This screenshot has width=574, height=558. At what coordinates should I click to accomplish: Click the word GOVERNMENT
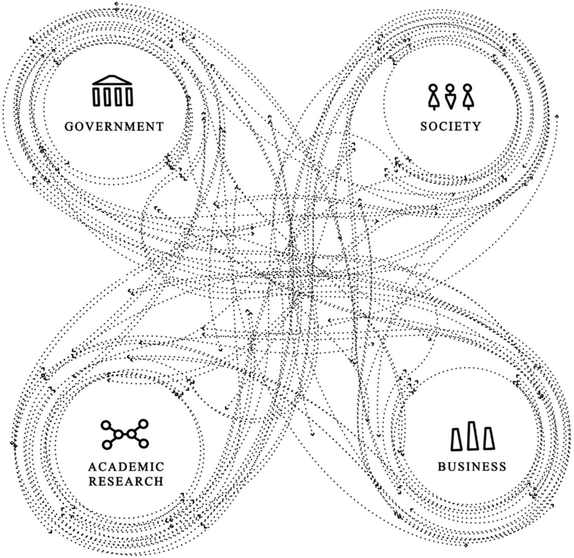coord(114,127)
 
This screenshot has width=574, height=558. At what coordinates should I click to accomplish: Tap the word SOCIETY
coord(451,126)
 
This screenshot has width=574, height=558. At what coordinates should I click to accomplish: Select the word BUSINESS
coord(472,467)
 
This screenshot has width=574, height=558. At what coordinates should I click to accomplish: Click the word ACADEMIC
coord(126,467)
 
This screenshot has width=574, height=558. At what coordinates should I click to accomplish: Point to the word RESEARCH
coord(126,481)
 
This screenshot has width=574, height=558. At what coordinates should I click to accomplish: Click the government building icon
coord(113,91)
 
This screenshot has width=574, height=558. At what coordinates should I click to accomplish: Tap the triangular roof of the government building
coord(112,80)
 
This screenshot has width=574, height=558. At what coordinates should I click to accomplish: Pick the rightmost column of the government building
coord(129,97)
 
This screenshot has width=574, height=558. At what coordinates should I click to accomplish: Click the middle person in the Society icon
coord(450,97)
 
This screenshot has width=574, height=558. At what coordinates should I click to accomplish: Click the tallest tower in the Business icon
coord(472,436)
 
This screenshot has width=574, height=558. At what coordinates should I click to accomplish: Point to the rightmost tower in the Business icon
coord(489,439)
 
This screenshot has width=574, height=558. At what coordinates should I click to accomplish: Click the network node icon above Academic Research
coord(125,434)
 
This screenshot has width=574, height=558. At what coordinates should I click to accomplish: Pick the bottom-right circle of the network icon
coord(143,444)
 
